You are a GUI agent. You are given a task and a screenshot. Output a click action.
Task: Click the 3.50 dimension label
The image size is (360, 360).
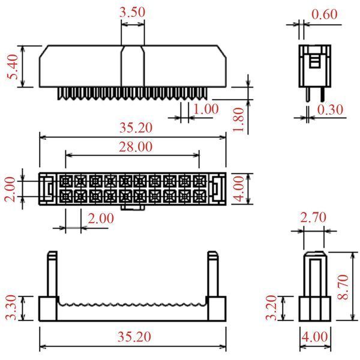pos(132,13)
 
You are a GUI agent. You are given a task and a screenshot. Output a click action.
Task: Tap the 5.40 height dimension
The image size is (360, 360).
pos(13,67)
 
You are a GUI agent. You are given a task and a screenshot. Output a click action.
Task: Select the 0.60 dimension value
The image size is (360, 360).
pos(325,14)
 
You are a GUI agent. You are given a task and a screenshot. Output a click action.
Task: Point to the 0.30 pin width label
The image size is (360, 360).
pos(330,110)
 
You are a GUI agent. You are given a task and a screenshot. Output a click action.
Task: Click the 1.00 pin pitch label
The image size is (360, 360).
pos(206,109)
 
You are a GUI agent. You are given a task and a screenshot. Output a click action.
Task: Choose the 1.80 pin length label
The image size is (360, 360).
pos(238,119)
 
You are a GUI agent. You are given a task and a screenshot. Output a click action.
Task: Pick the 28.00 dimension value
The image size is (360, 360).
pos(136,147)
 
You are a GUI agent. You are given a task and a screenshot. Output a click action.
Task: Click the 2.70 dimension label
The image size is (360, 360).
pos(313,218)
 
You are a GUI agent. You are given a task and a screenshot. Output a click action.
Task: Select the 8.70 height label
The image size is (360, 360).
pos(343,287)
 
